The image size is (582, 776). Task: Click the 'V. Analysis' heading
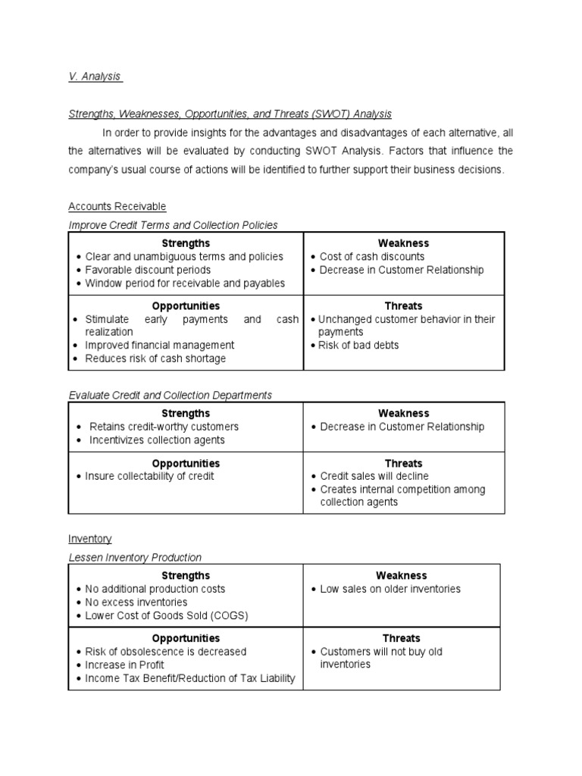pyautogui.click(x=95, y=77)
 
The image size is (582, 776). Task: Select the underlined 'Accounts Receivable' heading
pyautogui.click(x=117, y=206)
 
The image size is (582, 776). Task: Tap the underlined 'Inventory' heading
pyautogui.click(x=89, y=539)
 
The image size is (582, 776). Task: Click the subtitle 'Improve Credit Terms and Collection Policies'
pyautogui.click(x=173, y=225)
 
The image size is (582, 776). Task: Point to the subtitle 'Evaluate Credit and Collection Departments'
pyautogui.click(x=170, y=395)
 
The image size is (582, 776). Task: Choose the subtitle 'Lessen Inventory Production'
pyautogui.click(x=135, y=558)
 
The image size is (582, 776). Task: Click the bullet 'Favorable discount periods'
pyautogui.click(x=148, y=270)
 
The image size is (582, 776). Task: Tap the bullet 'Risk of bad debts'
pyautogui.click(x=358, y=346)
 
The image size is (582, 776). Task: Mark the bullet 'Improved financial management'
pyautogui.click(x=160, y=346)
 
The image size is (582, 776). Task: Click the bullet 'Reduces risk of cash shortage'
pyautogui.click(x=155, y=358)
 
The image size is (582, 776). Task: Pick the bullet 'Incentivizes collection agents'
pyautogui.click(x=157, y=440)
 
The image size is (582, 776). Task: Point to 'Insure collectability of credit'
pyautogui.click(x=149, y=476)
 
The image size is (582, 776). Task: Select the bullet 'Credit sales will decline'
pyautogui.click(x=374, y=476)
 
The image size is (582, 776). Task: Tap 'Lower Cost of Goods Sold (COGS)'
pyautogui.click(x=167, y=615)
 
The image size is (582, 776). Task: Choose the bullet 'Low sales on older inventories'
pyautogui.click(x=390, y=589)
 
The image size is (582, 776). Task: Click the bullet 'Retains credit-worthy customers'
pyautogui.click(x=164, y=427)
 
